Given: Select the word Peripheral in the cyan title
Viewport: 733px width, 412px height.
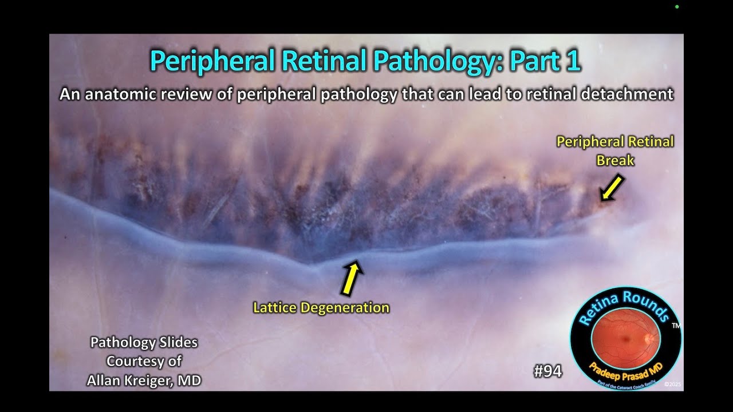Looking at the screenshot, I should tap(212, 61).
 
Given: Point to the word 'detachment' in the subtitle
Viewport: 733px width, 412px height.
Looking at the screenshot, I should tap(632, 94).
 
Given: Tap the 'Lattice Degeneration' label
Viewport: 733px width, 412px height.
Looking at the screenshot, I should tap(321, 308).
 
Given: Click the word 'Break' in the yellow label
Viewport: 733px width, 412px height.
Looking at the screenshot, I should tap(616, 161).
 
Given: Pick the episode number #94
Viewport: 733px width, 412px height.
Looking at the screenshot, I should tap(547, 371).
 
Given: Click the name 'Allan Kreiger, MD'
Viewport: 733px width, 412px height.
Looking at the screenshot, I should tap(144, 380).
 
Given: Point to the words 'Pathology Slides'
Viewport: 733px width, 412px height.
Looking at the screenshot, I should tap(144, 343).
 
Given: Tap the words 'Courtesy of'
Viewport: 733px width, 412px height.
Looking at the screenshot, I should tap(144, 361).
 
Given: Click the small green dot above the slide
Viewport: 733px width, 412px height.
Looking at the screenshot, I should tap(677, 7).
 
